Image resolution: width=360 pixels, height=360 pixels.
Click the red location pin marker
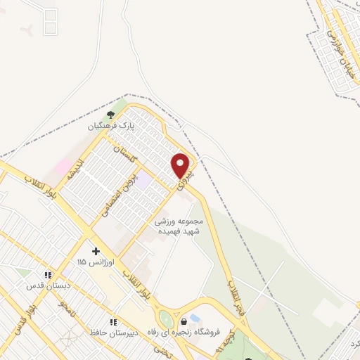(181, 166)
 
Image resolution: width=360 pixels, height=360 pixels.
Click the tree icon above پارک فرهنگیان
(110, 115)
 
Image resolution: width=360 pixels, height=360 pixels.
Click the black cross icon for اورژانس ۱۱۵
(96, 251)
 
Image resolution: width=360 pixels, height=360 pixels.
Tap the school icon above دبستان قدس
(49, 275)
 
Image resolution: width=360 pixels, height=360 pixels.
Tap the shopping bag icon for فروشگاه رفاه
(184, 321)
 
